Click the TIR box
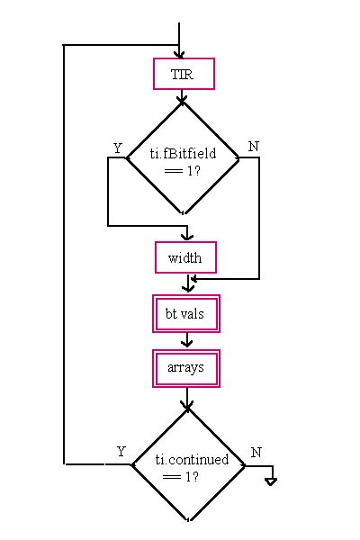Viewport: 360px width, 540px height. coord(184,74)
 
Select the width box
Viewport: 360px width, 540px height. coord(185,257)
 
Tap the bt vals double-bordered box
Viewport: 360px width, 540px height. coord(186,314)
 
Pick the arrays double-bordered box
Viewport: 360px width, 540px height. coord(186,368)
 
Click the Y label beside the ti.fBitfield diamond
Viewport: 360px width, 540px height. coord(118,148)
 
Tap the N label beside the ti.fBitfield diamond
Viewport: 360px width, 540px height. coord(254,147)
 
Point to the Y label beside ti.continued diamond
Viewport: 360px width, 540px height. coord(121,452)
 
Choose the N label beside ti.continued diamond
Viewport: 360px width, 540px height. coord(256,453)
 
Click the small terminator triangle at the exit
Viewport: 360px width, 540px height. coord(271,481)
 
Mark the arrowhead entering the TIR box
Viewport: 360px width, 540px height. coord(179,55)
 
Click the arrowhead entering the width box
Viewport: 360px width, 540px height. coord(187,237)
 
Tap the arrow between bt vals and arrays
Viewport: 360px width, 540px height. coord(186,341)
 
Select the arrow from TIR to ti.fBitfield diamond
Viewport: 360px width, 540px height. coord(182,96)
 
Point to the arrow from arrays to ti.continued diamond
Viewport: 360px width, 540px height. coord(187,398)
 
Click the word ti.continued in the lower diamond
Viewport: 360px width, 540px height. coord(192,459)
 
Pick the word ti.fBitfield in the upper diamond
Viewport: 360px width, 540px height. coord(183,153)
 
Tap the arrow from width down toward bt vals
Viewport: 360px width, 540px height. coord(188,283)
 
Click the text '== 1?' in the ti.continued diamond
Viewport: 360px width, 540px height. coord(181,477)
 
